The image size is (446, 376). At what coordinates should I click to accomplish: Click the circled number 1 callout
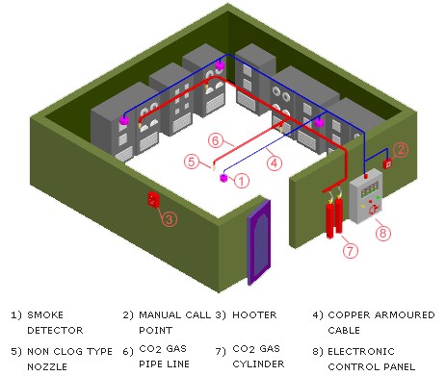tap(243, 179)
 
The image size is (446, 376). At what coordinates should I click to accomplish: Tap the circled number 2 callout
tap(402, 148)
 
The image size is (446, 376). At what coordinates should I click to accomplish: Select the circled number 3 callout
tap(168, 219)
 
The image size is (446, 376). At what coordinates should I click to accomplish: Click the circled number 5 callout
tap(193, 161)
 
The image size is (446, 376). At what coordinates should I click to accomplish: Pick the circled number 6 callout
tap(217, 139)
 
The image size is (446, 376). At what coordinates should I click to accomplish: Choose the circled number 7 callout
tap(350, 251)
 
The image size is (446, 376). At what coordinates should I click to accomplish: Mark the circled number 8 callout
tap(382, 232)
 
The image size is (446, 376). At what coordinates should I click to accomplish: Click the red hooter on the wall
tap(151, 199)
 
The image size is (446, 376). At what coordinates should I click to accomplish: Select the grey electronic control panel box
tap(366, 197)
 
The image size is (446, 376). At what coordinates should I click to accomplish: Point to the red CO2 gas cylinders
tap(333, 217)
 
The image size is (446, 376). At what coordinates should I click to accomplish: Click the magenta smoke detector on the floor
tap(223, 177)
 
